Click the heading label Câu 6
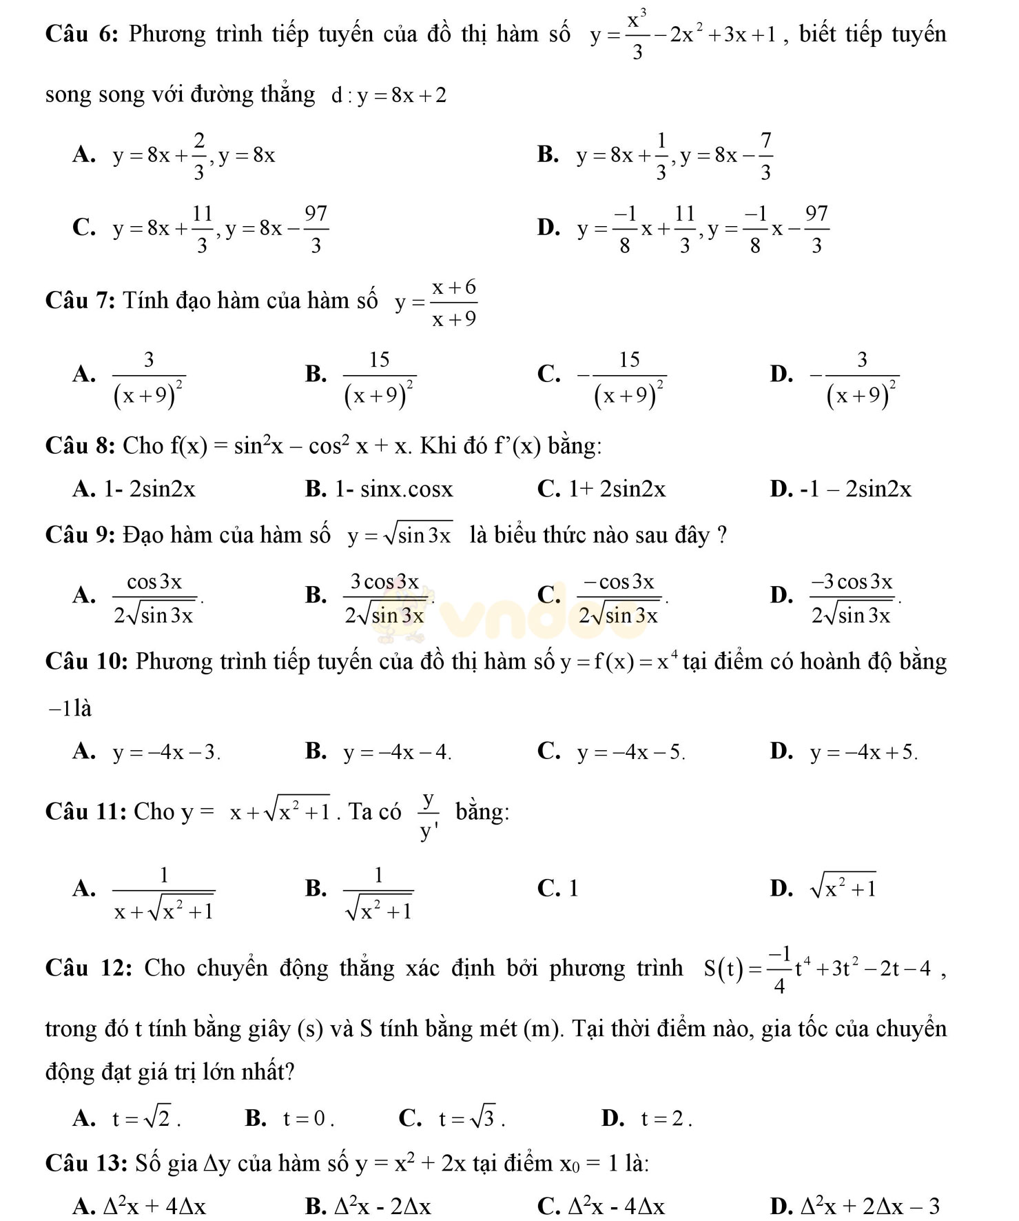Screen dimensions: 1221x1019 pos(83,34)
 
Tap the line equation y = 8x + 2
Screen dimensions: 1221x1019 pos(402,95)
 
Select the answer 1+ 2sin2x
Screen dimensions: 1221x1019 pos(617,490)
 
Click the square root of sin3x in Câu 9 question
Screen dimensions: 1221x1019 pos(420,535)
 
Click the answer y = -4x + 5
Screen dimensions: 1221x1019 pos(863,753)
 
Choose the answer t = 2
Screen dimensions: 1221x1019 pos(666,1119)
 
